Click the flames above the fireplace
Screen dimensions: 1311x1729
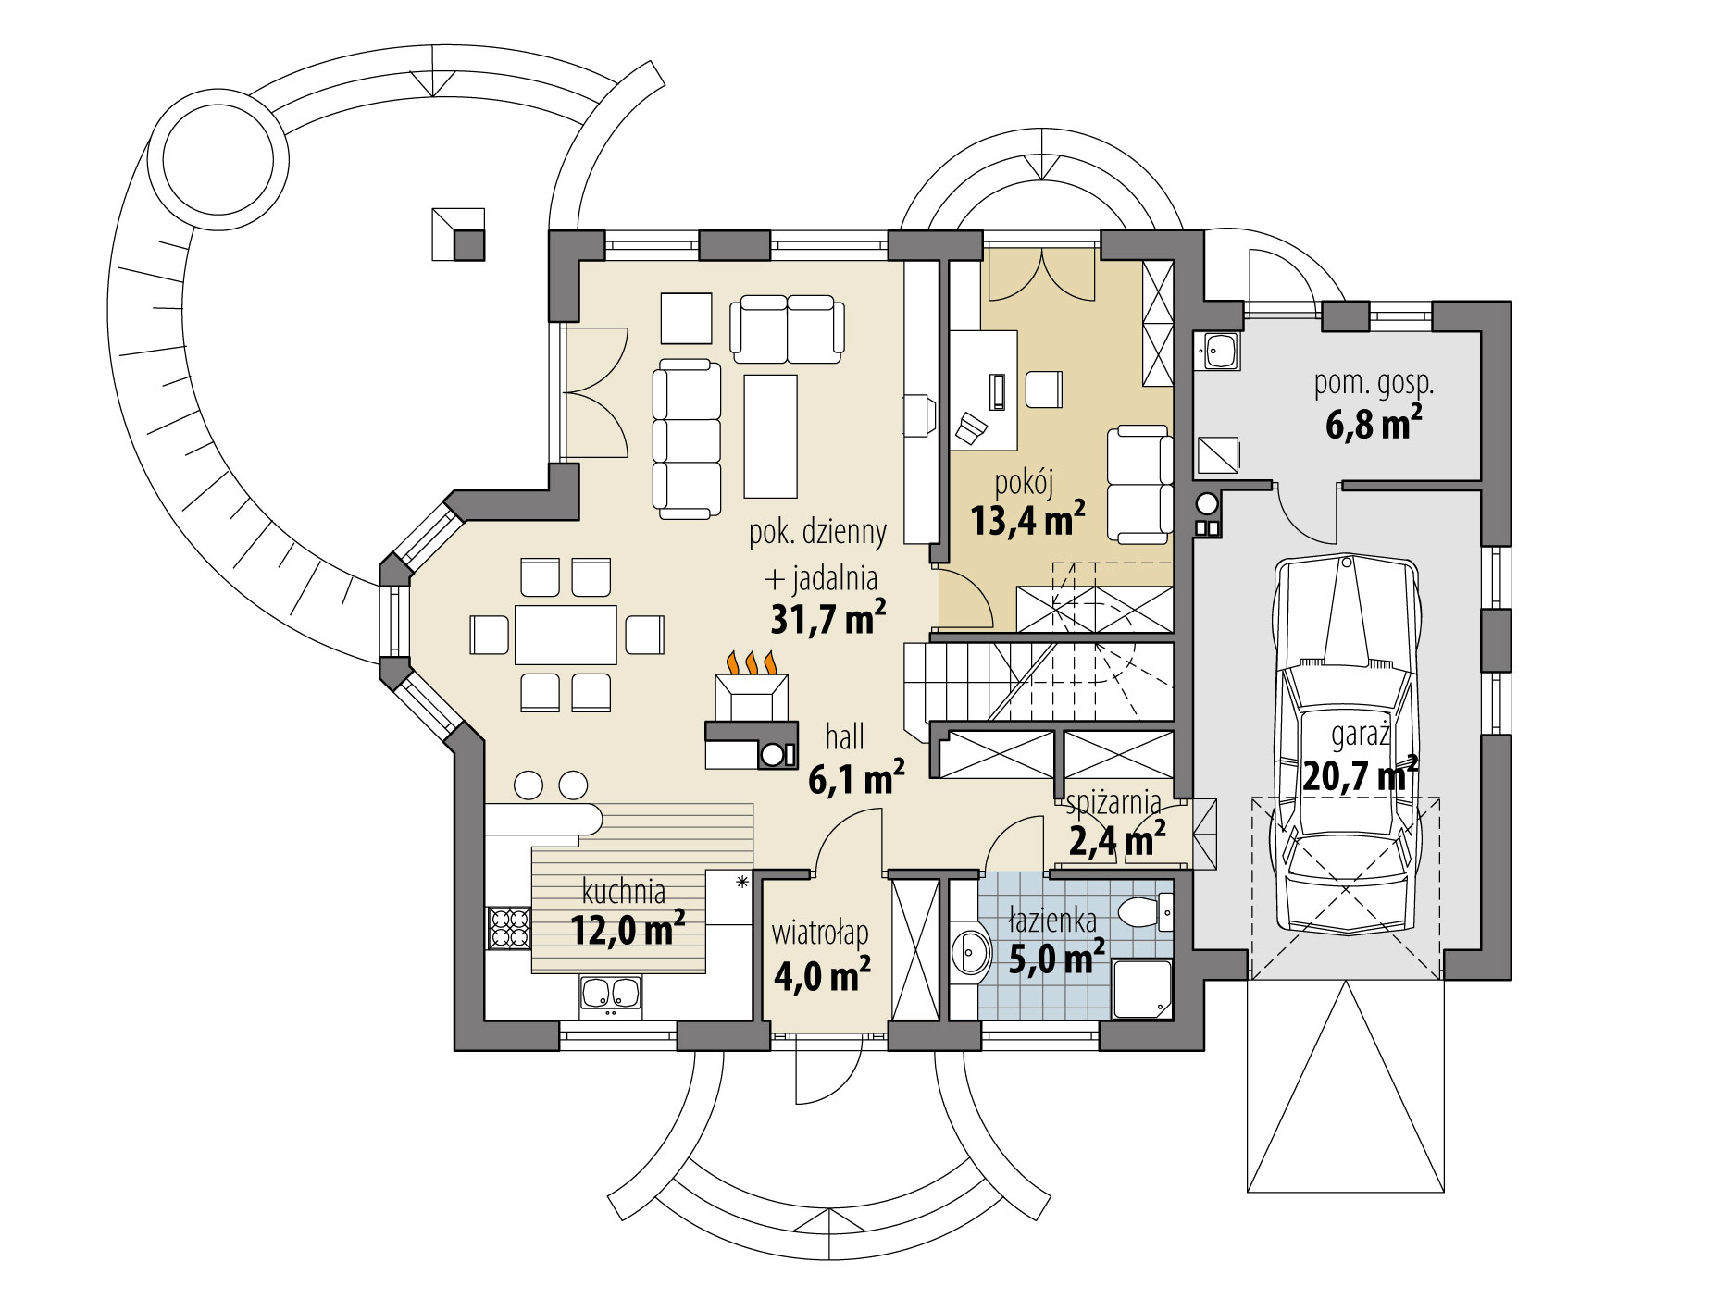[x=751, y=662]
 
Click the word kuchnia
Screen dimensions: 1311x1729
[x=623, y=892]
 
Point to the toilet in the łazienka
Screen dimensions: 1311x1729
[x=1144, y=912]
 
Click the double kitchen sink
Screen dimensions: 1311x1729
[x=610, y=994]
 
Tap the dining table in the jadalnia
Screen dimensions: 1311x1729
[x=566, y=635]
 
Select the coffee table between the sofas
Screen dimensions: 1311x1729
[x=770, y=436]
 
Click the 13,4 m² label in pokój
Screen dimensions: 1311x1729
[x=1027, y=520]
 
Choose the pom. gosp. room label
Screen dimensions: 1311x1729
[x=1374, y=384]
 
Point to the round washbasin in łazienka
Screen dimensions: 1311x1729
[x=970, y=951]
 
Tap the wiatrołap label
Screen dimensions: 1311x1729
[x=819, y=933]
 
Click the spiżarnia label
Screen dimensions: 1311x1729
[x=1113, y=803]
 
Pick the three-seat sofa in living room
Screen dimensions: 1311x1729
[x=686, y=439]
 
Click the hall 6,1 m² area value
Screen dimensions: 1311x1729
[x=855, y=779]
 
